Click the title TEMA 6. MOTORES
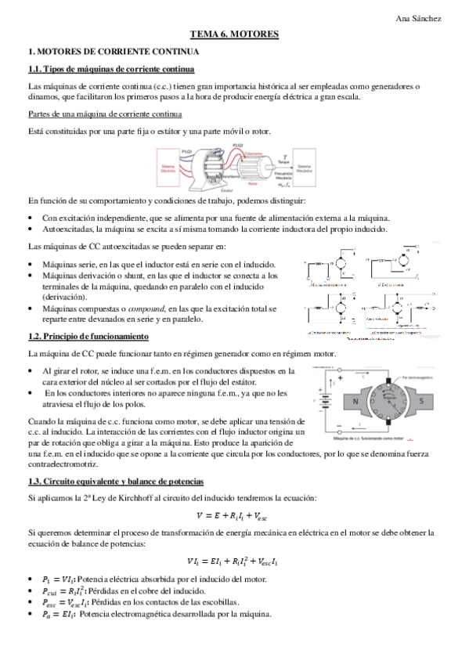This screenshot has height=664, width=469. tap(234, 35)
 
